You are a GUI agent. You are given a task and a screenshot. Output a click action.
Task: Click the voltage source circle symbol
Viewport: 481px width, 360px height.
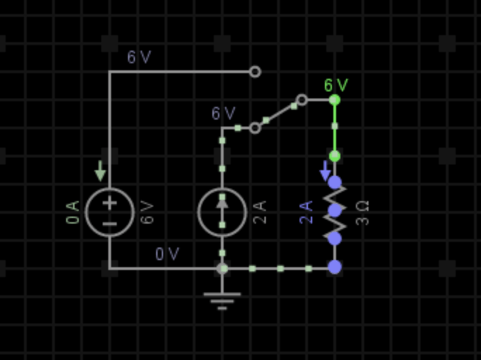[110, 212]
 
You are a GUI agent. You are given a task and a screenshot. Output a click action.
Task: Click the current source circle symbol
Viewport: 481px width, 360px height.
[222, 212]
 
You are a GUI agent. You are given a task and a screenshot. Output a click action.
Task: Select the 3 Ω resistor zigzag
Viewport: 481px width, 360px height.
[335, 211]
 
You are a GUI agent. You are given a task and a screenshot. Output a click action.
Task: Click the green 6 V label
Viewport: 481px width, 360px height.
[336, 86]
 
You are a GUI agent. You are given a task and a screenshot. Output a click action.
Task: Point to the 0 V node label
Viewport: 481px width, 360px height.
[167, 254]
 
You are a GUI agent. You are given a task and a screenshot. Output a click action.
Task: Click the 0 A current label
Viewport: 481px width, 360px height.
[73, 212]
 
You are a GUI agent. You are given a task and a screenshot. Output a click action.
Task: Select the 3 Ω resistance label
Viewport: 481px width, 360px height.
[363, 212]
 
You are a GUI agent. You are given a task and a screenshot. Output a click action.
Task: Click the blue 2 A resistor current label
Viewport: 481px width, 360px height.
[307, 212]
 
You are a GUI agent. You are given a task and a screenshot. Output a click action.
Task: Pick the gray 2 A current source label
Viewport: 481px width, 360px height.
[260, 212]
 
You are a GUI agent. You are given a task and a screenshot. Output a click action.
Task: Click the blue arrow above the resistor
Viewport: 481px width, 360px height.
[325, 170]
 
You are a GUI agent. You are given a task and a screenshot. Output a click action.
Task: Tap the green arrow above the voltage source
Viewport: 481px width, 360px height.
[101, 170]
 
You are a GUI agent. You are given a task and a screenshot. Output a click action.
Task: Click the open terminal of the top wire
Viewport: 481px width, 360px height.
[255, 72]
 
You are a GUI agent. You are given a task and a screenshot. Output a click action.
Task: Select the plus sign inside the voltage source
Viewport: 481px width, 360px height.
[110, 202]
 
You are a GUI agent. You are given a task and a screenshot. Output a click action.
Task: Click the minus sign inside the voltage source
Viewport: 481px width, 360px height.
[110, 224]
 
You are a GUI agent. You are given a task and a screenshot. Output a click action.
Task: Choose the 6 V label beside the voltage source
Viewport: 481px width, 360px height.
[148, 212]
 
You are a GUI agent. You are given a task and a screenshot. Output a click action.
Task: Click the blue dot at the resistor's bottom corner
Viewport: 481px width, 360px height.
[335, 267]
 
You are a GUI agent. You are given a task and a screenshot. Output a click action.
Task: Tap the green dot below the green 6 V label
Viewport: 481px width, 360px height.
[335, 100]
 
